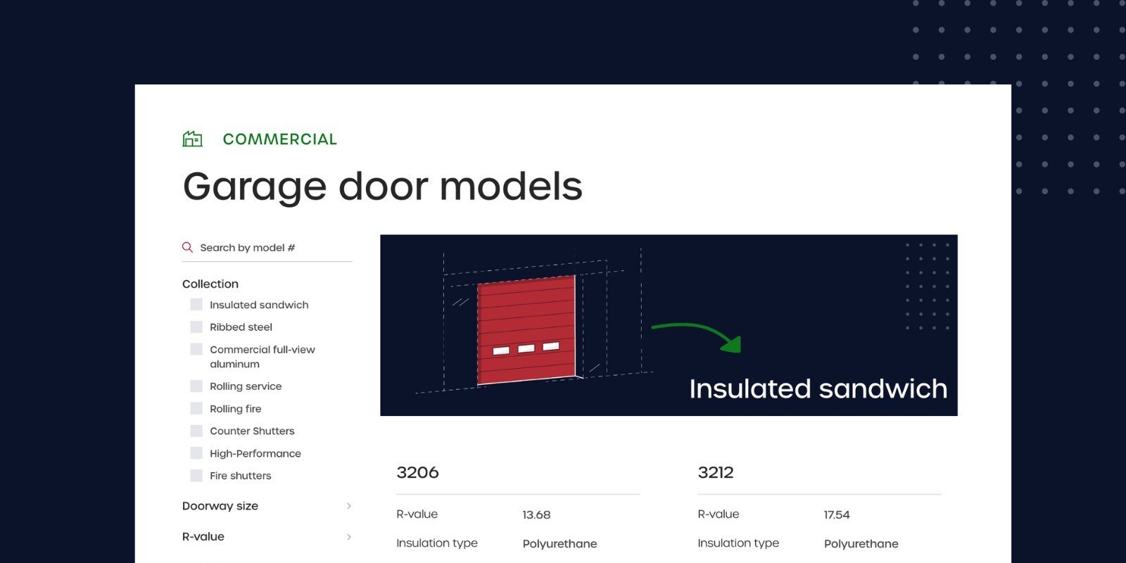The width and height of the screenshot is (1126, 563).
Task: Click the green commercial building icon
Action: click(x=193, y=139)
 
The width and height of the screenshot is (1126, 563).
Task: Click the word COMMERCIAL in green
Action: click(x=279, y=139)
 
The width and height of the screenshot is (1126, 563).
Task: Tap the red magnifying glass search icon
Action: click(x=187, y=247)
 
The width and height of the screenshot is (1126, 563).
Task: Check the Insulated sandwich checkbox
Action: click(x=196, y=305)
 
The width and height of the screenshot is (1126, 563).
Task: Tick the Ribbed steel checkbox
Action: click(x=196, y=327)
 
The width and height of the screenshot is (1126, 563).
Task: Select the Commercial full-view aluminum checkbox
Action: click(x=196, y=349)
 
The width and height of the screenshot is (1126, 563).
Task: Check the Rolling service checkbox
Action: click(x=196, y=386)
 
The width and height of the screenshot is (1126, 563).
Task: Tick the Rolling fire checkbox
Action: click(x=196, y=409)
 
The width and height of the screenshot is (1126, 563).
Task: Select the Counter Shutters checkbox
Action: click(x=196, y=431)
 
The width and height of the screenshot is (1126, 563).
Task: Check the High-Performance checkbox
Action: click(x=196, y=453)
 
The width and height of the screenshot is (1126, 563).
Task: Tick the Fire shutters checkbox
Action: click(x=196, y=476)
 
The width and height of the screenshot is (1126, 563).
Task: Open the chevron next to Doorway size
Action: click(x=349, y=506)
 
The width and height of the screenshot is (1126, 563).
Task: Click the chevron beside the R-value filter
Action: click(x=349, y=537)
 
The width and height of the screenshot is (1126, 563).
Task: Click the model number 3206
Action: click(x=417, y=472)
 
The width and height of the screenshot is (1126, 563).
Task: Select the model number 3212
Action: click(x=715, y=472)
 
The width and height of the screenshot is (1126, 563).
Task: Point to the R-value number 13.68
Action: click(x=536, y=514)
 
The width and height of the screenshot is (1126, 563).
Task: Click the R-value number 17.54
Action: click(x=837, y=514)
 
